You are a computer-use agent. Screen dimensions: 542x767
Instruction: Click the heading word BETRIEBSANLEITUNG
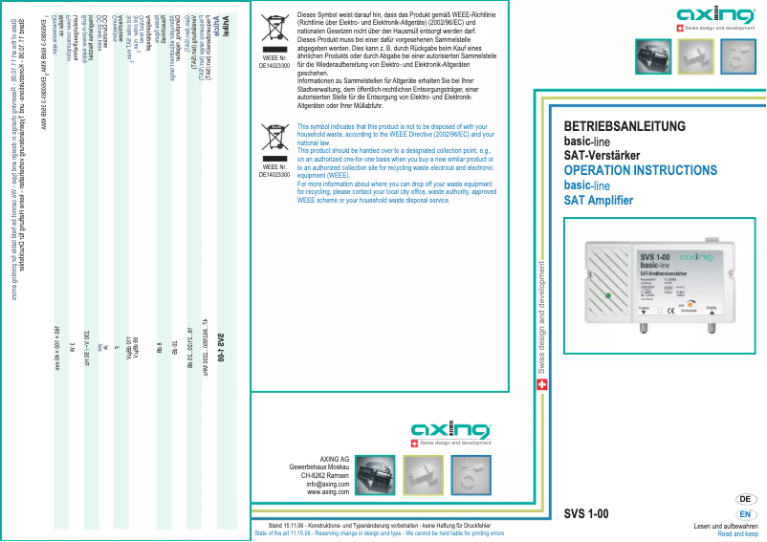(x=625, y=126)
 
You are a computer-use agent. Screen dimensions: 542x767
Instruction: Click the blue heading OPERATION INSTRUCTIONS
(x=640, y=170)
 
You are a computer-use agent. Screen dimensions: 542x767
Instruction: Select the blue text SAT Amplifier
(x=598, y=200)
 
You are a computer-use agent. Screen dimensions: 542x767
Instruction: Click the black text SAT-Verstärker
(x=602, y=156)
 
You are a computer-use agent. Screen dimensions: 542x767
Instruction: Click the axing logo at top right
(x=712, y=15)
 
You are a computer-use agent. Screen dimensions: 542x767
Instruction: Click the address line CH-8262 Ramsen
(x=324, y=475)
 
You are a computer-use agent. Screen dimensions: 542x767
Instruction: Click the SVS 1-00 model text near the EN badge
(x=586, y=514)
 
